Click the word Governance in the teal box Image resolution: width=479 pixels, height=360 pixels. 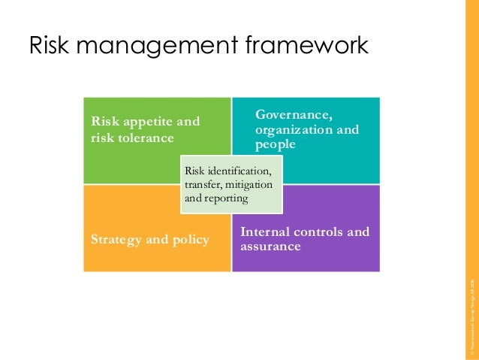click(x=294, y=115)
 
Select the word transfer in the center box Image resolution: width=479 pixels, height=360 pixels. click(x=203, y=186)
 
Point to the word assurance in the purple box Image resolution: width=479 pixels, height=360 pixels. click(x=271, y=247)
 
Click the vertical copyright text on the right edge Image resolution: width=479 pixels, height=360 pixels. click(x=471, y=316)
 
